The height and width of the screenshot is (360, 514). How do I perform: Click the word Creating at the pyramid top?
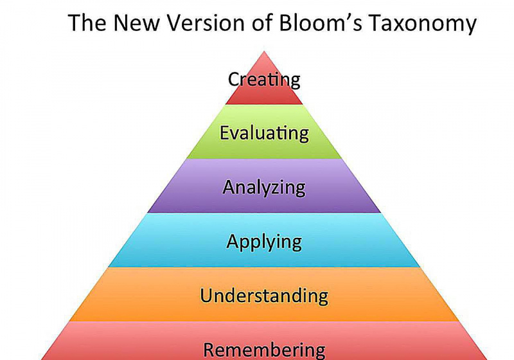point(264,80)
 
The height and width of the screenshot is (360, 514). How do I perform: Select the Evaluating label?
point(264,133)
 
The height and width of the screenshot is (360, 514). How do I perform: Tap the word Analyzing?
point(264,188)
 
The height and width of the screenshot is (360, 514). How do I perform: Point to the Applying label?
point(264,242)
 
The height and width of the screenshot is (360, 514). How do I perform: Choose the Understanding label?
point(264,295)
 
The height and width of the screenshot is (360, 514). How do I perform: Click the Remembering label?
point(264,350)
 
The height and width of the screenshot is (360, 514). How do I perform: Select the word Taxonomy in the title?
point(423,24)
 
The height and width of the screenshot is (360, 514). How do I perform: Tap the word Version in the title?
point(206,23)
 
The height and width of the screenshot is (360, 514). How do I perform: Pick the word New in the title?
point(136,23)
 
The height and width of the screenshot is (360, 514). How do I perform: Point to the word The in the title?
point(87,23)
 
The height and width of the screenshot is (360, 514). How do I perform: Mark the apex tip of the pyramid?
point(264,51)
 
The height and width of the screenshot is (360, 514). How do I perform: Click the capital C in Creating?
point(233,79)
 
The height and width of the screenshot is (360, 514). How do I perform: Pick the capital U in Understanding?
point(206,295)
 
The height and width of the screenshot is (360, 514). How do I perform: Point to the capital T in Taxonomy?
point(375,23)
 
